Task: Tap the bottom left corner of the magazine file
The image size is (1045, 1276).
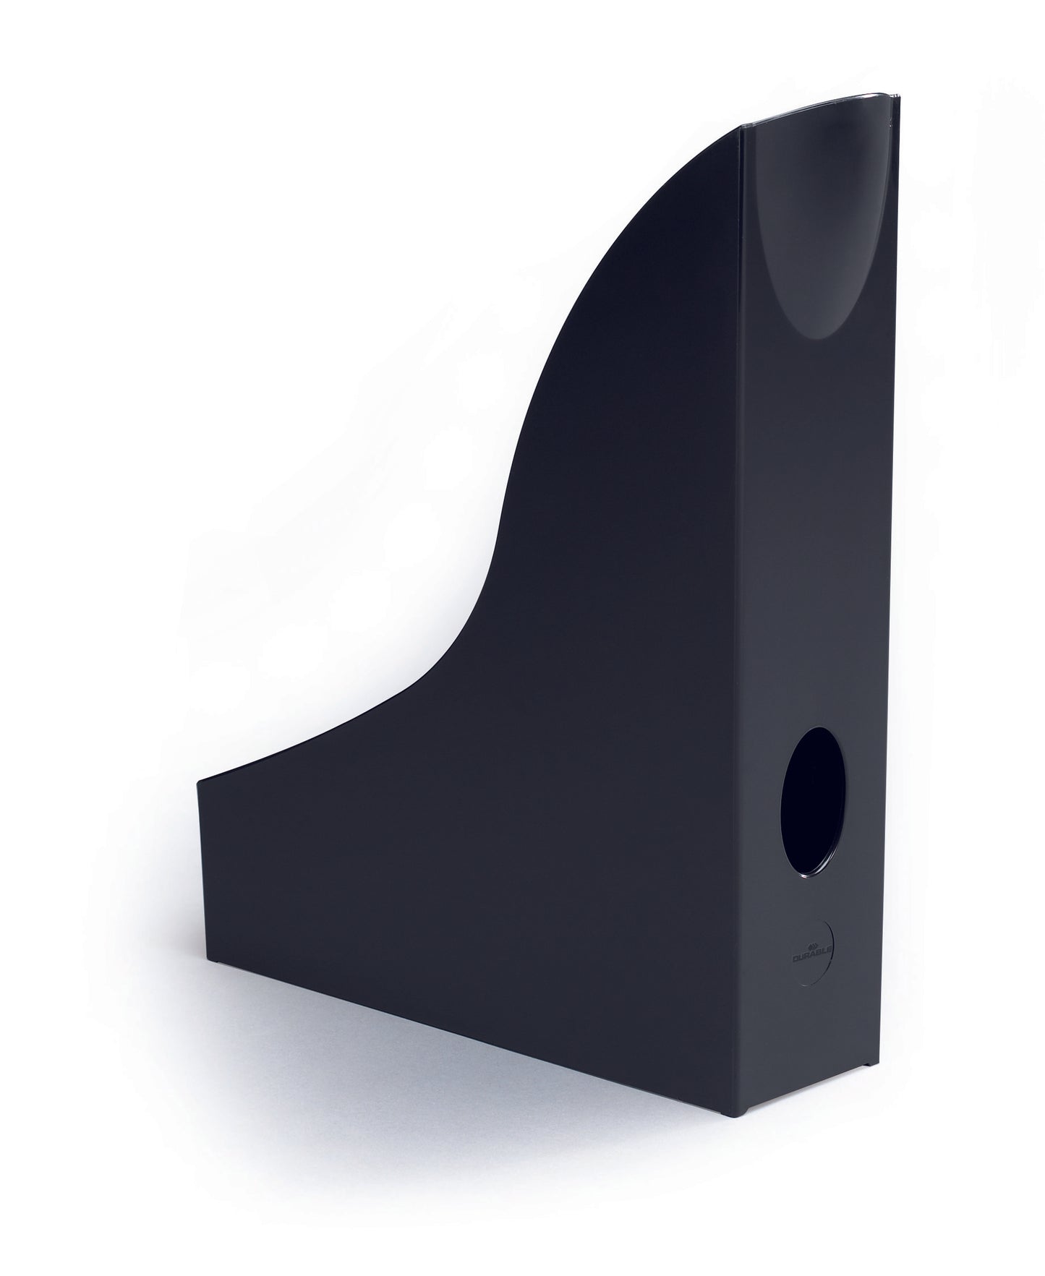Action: (x=206, y=963)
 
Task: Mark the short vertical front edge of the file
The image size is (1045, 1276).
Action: (x=202, y=868)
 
